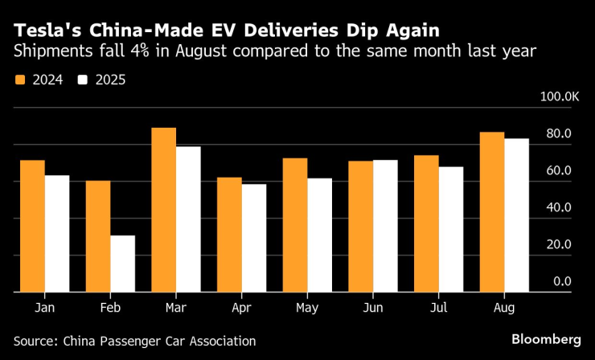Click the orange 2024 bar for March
point(164,210)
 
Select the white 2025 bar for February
point(123,264)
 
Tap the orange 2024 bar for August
point(492,212)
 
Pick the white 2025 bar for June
point(385,226)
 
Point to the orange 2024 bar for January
point(32,226)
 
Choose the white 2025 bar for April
point(254,238)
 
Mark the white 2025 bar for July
point(451,229)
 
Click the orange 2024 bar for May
point(295,225)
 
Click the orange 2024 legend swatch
point(18,80)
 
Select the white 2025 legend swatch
point(83,80)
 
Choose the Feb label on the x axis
point(110,309)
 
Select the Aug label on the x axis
point(504,309)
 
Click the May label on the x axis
point(307,309)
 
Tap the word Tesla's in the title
point(39,31)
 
